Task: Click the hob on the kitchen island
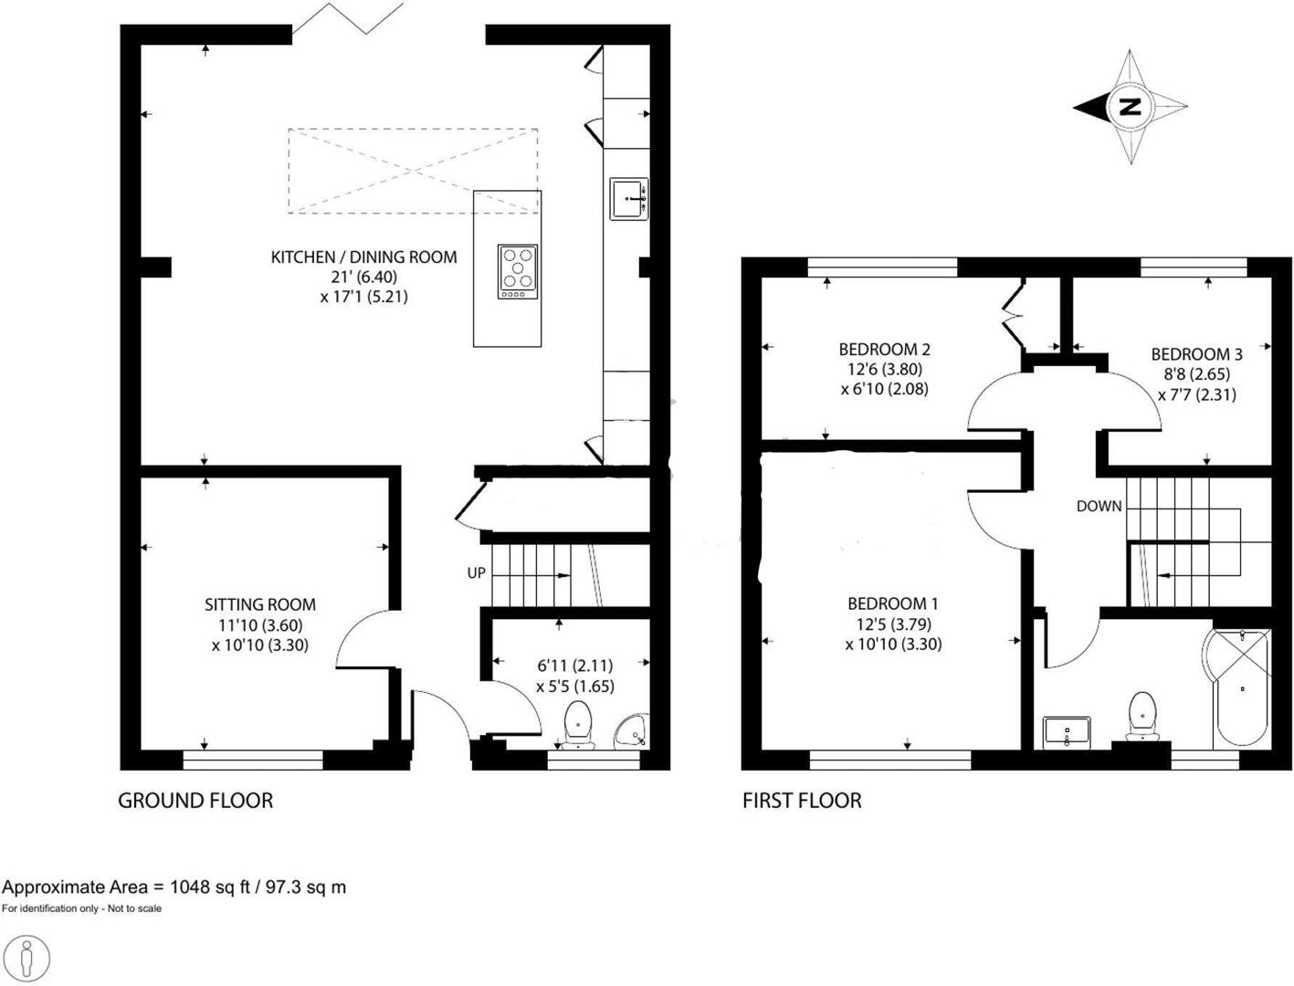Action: (x=518, y=271)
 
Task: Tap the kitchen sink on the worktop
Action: (x=629, y=198)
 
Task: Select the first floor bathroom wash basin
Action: (x=1066, y=731)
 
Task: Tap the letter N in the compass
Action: (x=1131, y=107)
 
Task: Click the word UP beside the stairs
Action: (x=476, y=573)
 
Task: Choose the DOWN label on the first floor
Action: (x=1099, y=506)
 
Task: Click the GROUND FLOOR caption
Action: (x=195, y=801)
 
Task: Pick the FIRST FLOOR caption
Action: (x=802, y=801)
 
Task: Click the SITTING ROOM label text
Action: (x=260, y=604)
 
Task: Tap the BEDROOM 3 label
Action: (x=1196, y=354)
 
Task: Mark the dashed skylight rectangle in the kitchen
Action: (x=413, y=171)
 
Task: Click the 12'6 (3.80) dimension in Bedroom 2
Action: (x=885, y=370)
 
